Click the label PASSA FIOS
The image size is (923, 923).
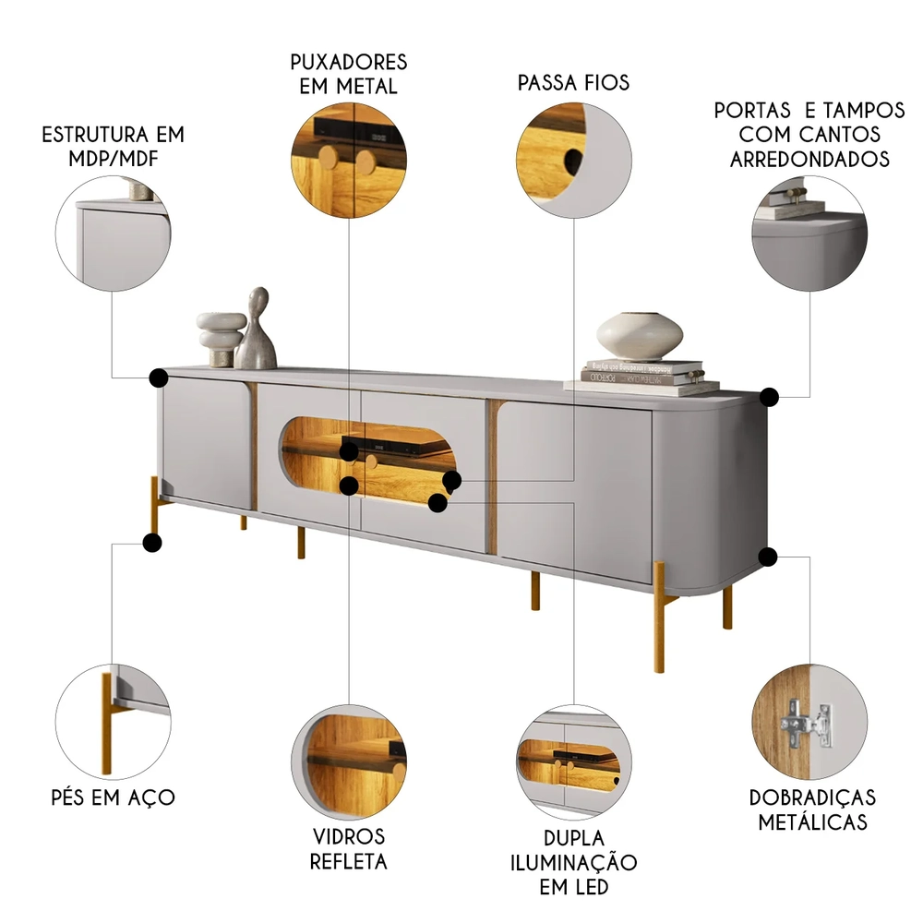(573, 82)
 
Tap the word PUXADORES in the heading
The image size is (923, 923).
(349, 62)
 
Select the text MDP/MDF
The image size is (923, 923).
(113, 159)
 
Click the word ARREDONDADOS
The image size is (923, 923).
(809, 159)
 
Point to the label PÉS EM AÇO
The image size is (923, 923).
(113, 797)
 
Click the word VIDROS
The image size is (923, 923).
(349, 836)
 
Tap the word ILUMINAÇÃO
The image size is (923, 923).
(573, 862)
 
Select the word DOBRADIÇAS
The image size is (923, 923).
(812, 797)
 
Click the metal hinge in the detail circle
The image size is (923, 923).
(807, 724)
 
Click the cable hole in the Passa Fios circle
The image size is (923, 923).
(573, 160)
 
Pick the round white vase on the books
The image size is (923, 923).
(640, 336)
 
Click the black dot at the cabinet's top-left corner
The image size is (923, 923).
(159, 378)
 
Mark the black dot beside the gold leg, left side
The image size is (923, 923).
(152, 542)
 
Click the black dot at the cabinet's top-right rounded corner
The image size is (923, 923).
(769, 397)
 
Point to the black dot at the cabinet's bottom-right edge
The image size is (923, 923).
(768, 557)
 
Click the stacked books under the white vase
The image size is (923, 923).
(641, 377)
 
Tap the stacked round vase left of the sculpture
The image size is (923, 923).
(221, 339)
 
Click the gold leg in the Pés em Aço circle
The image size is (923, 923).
(106, 723)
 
